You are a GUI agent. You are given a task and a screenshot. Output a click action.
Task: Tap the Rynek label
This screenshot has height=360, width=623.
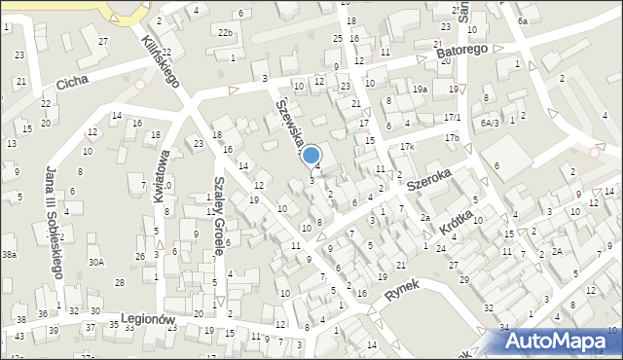(400, 293)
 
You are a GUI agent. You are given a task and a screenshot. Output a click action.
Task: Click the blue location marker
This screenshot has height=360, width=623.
(311, 156)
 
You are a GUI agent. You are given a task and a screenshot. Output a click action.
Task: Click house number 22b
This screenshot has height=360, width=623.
(225, 33)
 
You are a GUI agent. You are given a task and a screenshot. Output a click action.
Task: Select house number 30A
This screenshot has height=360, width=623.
(95, 262)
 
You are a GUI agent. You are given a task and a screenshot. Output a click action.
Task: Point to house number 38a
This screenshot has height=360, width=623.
(9, 254)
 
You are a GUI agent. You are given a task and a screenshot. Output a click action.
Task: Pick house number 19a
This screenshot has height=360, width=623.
(420, 89)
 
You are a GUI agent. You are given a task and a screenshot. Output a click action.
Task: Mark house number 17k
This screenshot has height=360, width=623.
(407, 146)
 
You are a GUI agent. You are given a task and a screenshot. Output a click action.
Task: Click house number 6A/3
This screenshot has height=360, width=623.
(489, 123)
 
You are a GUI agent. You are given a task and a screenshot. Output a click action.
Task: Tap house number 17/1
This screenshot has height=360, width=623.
(452, 118)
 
